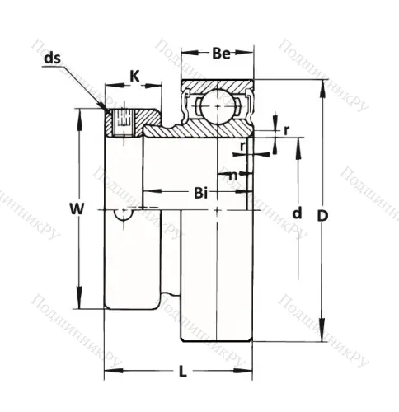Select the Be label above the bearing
click(219, 54)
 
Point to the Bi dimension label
click(200, 193)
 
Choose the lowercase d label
click(297, 213)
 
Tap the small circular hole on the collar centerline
click(124, 213)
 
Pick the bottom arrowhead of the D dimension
click(320, 339)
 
